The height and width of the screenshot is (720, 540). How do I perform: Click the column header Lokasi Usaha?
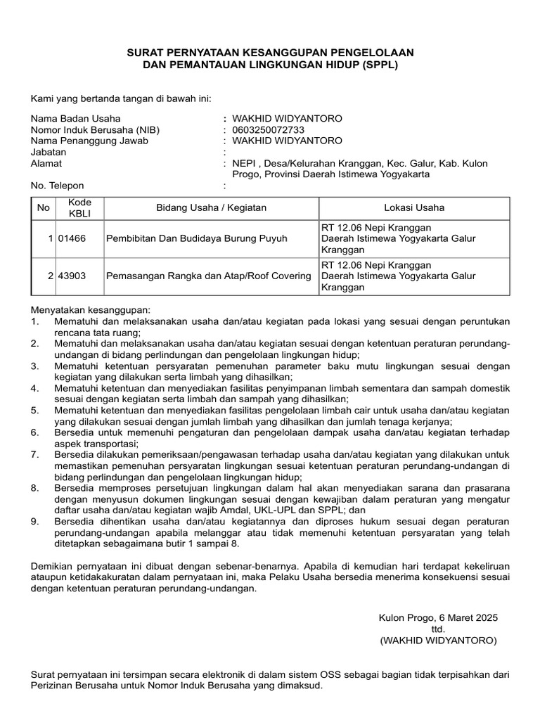(x=413, y=208)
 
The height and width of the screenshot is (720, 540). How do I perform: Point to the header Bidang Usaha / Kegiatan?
(x=211, y=208)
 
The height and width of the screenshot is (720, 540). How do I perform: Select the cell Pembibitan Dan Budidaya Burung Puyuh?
(x=196, y=238)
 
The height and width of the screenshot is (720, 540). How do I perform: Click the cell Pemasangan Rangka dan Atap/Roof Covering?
(x=208, y=276)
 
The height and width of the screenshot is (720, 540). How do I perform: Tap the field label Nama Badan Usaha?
(x=75, y=119)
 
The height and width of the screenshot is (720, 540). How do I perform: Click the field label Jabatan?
(x=47, y=152)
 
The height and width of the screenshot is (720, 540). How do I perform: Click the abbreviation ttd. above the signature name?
(x=438, y=629)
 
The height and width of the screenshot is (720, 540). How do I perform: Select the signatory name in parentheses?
(x=438, y=641)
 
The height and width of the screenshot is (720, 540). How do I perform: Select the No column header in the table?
(x=44, y=208)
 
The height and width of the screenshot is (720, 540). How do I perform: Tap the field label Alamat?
(x=46, y=163)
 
